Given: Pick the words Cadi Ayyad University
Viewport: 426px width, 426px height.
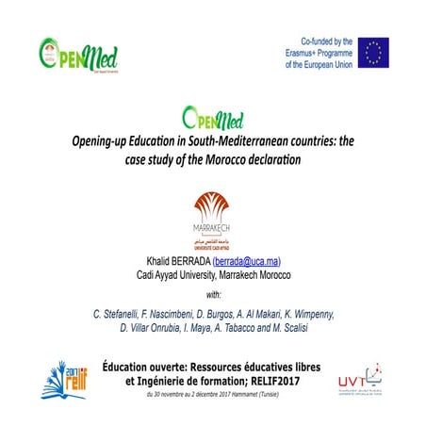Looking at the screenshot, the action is pyautogui.click(x=179, y=274).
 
